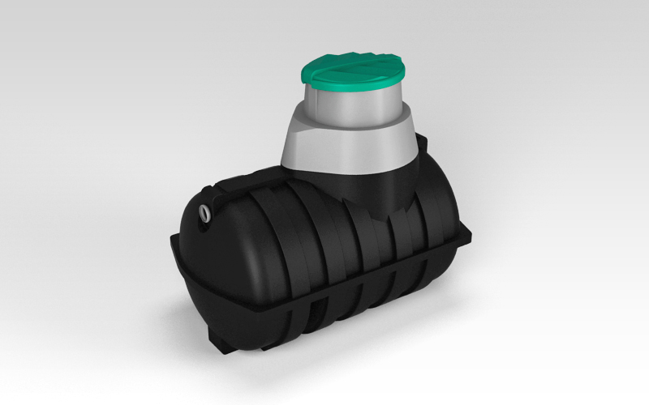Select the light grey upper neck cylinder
point(357,109)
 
